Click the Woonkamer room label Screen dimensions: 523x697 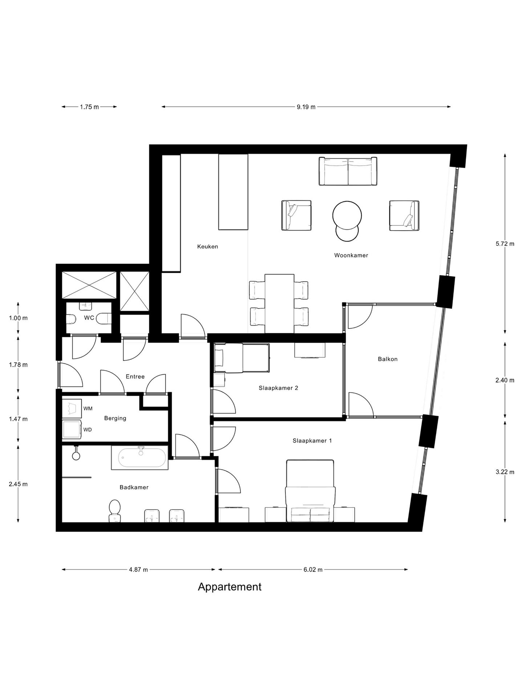coord(351,255)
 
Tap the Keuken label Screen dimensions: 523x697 coord(208,246)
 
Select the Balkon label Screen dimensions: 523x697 coord(388,359)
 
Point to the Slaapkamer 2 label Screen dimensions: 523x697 coord(279,388)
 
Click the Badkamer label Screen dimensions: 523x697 coord(134,487)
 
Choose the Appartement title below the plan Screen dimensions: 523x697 coord(230,587)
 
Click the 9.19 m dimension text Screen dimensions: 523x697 coord(306,107)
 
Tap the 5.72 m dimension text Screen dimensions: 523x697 coord(505,244)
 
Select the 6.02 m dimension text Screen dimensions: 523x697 coord(313,570)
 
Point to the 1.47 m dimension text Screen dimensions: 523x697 coord(18,419)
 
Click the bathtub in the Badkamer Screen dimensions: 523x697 coord(140,458)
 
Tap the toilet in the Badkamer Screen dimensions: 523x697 coord(115,511)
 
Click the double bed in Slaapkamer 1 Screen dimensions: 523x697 coord(310,491)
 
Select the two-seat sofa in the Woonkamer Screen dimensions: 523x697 coord(348,171)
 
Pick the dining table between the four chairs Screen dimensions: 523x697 coord(279,303)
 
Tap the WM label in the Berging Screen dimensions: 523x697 coord(88,408)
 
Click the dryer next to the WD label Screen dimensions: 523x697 coord(72,430)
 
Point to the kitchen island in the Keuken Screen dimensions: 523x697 coord(233,192)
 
